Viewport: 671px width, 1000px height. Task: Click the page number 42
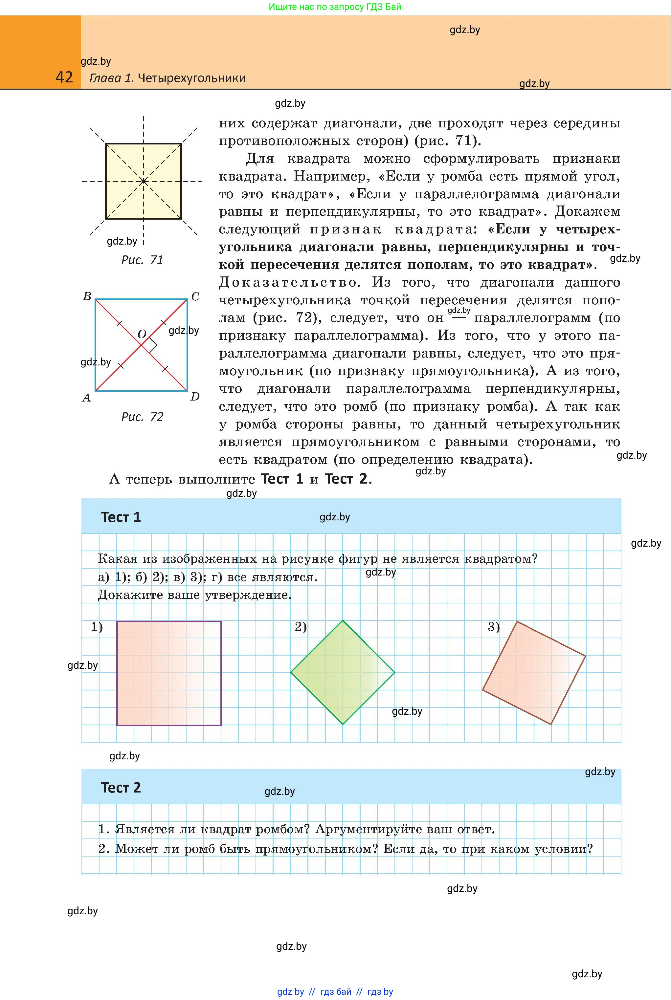(x=64, y=77)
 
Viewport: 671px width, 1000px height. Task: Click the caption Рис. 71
(x=143, y=260)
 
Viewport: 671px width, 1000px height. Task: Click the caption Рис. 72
(x=143, y=417)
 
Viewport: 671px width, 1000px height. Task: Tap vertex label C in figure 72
(x=195, y=296)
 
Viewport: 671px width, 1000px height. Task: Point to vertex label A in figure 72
(x=86, y=398)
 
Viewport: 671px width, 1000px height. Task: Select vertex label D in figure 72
(x=195, y=397)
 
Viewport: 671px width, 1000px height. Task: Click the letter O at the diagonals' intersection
(x=142, y=334)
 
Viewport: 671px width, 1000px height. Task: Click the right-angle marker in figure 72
(x=151, y=346)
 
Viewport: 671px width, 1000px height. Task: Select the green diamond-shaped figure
(x=342, y=672)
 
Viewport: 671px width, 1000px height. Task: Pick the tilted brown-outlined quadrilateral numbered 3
(x=534, y=672)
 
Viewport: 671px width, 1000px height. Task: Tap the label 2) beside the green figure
(x=301, y=627)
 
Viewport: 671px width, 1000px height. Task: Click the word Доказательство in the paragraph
(x=288, y=283)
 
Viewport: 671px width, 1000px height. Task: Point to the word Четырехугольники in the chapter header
(x=192, y=78)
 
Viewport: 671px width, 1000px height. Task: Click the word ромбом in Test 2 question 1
(x=282, y=829)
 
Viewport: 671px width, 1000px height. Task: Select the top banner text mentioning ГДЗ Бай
(x=335, y=7)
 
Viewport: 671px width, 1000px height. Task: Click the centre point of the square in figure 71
(x=143, y=181)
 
